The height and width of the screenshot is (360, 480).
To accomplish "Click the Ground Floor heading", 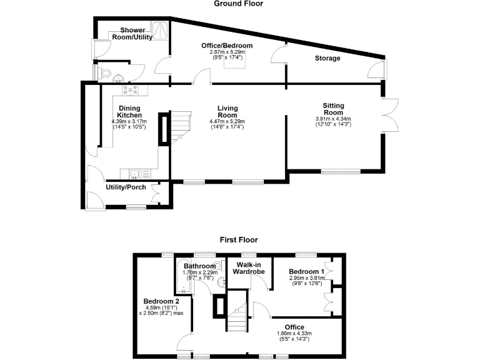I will pos(238,4).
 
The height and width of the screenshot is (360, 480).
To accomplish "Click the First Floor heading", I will pos(238,239).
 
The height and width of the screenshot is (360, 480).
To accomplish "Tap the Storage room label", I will pos(327,59).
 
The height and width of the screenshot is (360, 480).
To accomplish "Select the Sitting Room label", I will pos(333,109).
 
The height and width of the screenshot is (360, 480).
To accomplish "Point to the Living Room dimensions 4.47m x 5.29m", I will pos(226,121).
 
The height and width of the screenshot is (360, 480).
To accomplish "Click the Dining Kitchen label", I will pos(130,111).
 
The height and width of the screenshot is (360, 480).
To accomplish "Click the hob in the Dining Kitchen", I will pos(131,90).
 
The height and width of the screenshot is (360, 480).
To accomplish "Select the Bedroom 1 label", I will pos(306,272).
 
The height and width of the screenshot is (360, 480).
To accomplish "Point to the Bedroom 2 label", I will pos(161,301).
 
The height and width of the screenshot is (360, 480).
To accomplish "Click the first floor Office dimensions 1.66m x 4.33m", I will pos(294,334).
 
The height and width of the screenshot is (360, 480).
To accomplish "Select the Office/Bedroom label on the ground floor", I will pos(226,46).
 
